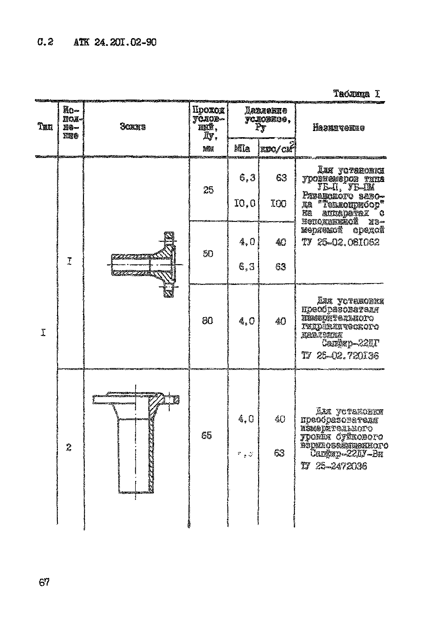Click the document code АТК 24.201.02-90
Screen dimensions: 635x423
point(115,42)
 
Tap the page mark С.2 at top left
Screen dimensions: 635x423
point(45,42)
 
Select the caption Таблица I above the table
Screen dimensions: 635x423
point(356,94)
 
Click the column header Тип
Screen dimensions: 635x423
point(45,126)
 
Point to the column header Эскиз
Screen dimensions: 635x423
point(133,126)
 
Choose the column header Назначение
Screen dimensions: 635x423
point(339,127)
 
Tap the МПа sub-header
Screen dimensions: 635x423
point(242,148)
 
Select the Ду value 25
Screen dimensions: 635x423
point(208,190)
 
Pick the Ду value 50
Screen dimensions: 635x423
point(208,253)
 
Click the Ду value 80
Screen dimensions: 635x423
point(207,321)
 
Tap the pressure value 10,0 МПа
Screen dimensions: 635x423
point(245,203)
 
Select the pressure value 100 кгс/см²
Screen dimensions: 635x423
point(278,203)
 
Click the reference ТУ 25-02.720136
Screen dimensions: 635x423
point(340,356)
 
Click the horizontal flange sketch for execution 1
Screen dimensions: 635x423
point(144,264)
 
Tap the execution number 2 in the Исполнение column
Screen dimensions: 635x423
point(69,448)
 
